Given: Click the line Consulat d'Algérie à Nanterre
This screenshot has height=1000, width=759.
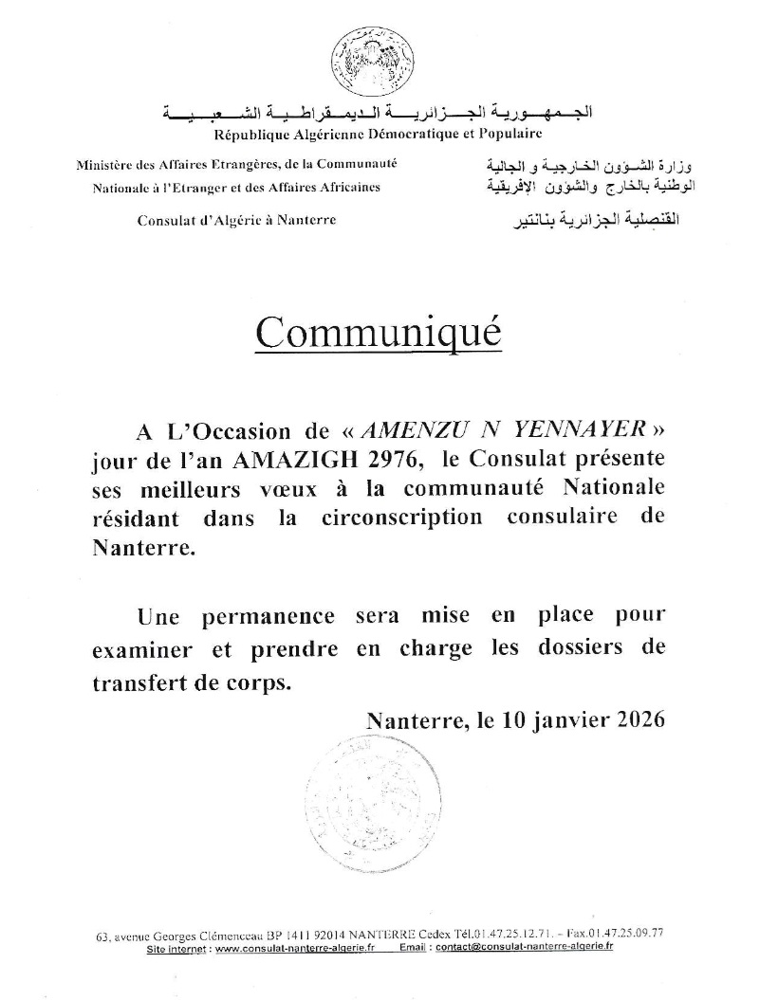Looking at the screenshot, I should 236,221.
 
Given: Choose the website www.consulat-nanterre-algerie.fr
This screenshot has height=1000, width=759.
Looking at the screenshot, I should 294,946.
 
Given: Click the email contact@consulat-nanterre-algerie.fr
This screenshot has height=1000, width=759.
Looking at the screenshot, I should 537,946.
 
